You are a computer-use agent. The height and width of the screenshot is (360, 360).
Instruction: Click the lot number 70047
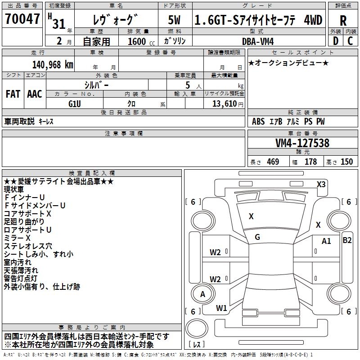[22, 19]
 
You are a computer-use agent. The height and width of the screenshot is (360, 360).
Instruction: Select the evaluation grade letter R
[343, 20]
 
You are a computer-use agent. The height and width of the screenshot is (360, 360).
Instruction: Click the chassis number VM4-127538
[302, 143]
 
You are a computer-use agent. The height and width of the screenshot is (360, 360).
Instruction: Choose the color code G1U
[75, 103]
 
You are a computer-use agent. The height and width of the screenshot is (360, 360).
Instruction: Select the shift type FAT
[13, 94]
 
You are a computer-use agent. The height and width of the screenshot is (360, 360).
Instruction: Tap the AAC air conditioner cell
[35, 94]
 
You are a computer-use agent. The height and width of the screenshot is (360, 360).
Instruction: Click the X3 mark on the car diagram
[321, 184]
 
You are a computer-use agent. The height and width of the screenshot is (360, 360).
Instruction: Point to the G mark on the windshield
[257, 237]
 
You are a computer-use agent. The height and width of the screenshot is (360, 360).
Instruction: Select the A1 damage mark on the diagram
[326, 241]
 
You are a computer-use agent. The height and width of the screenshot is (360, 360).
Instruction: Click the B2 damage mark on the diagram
[347, 240]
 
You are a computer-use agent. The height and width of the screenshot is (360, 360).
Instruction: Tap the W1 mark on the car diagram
[221, 308]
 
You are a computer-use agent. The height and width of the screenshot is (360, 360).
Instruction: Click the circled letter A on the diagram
[202, 294]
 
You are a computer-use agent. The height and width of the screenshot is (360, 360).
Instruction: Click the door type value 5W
[175, 20]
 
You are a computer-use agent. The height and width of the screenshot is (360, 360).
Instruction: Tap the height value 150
[346, 162]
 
